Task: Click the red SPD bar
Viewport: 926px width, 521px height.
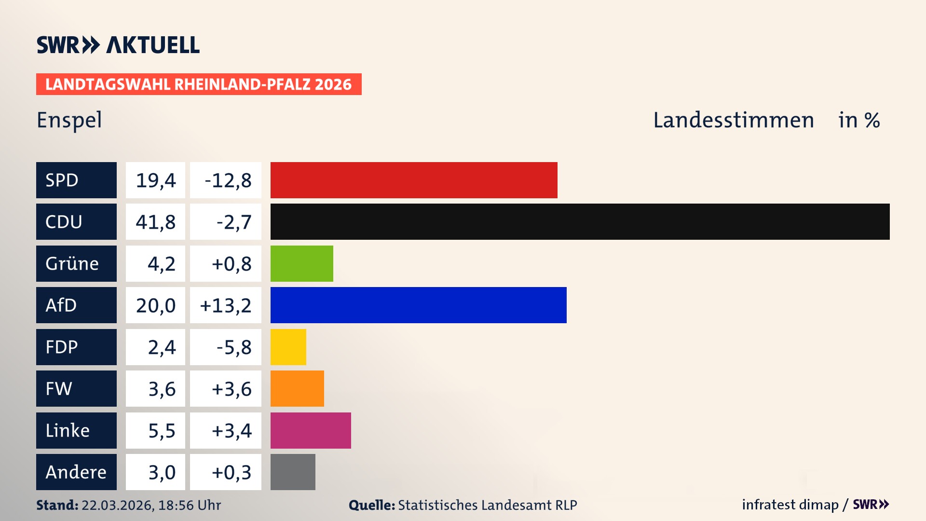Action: tap(414, 180)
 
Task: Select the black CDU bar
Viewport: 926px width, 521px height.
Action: tap(580, 221)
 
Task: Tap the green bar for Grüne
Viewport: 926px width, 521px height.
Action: tap(301, 263)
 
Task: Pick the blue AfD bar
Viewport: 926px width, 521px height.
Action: tap(418, 305)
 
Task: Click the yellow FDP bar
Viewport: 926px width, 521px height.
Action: tap(288, 347)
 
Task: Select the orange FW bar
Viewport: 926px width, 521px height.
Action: tap(297, 388)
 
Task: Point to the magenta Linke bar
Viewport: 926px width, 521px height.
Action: tap(311, 430)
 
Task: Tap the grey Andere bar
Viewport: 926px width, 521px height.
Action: tap(293, 472)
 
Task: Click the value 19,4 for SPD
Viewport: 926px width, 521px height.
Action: tap(155, 180)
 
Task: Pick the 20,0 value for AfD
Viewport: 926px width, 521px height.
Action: tap(155, 305)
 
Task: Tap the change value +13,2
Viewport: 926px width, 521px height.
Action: tap(226, 305)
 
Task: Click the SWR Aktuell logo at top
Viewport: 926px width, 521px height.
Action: tap(118, 45)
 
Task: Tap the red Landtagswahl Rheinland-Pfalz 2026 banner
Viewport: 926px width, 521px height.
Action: tap(199, 84)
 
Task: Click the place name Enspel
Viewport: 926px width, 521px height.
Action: tap(69, 120)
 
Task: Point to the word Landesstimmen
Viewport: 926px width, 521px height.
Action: tap(733, 120)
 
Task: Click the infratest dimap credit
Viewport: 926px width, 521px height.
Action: tap(790, 505)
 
